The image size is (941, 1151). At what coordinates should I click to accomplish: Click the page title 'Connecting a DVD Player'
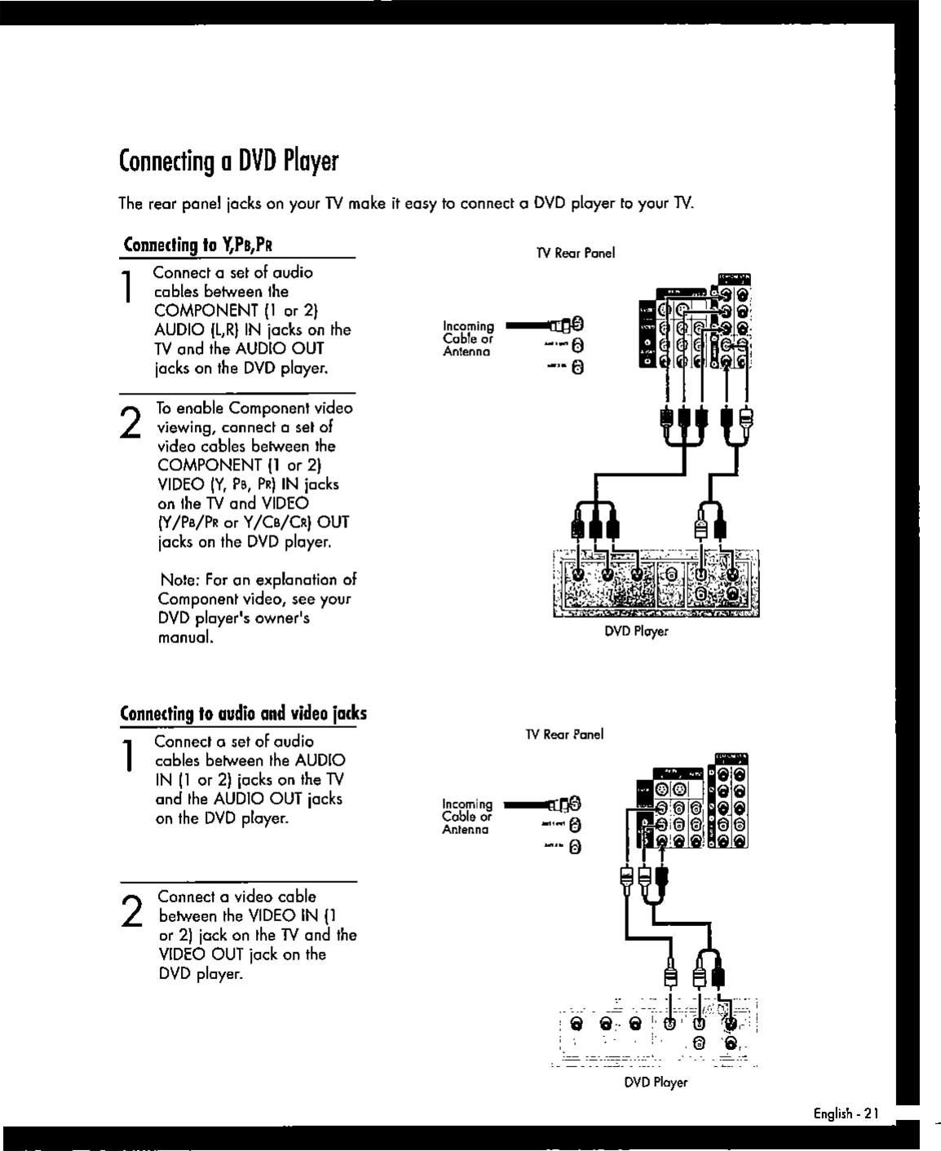click(228, 162)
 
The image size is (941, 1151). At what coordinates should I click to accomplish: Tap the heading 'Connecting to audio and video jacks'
click(243, 714)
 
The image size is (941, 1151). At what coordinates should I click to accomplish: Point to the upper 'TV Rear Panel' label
click(575, 254)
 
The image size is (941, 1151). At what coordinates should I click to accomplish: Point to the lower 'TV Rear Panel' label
click(564, 734)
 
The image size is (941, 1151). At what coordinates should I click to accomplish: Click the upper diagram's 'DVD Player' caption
click(636, 631)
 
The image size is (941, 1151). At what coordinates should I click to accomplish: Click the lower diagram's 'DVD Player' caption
click(656, 1083)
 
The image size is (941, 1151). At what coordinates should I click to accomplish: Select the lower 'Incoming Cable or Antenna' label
click(467, 817)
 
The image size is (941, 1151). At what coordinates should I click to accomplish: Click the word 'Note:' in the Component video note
click(180, 580)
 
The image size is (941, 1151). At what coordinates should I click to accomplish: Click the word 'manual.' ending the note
click(186, 637)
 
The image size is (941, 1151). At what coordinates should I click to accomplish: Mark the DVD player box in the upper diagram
click(656, 583)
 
